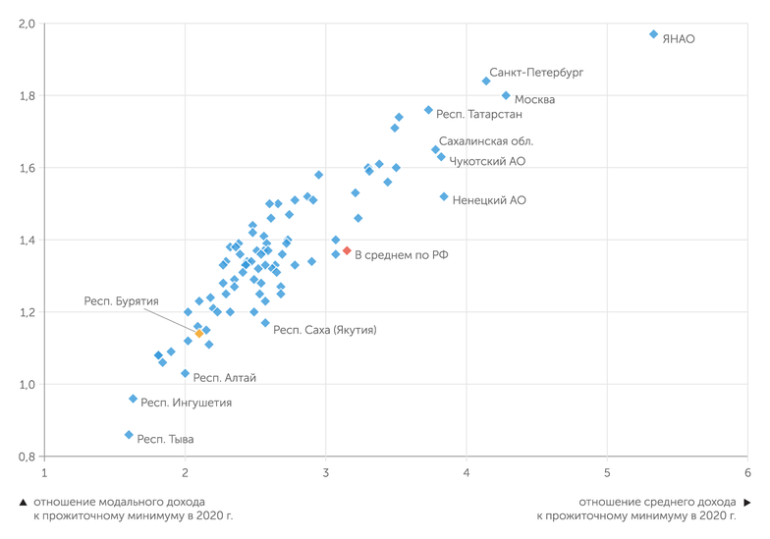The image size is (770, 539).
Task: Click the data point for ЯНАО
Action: coord(653,34)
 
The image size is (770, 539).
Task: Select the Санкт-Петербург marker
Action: coord(486,81)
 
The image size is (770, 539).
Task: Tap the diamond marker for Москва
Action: coord(506,95)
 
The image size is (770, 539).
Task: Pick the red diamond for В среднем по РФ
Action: coord(347,251)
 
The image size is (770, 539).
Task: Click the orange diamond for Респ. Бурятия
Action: coord(199,334)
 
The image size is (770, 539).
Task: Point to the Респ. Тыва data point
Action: coord(129,435)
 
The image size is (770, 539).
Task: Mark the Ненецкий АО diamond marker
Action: coord(444,196)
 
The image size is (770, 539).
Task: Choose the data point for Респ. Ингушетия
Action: coord(133,399)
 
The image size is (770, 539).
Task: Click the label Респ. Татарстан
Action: coord(479,114)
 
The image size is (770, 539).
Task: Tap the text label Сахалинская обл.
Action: coord(486,141)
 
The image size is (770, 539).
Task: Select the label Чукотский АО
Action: coord(487,160)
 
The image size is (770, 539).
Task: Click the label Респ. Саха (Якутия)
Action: coord(325,330)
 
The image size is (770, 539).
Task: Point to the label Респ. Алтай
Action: coord(225,377)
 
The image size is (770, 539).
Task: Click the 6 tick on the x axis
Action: coord(747,473)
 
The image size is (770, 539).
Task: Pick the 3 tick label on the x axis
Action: coord(325,473)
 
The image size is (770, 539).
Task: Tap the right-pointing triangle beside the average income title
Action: coord(747,502)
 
